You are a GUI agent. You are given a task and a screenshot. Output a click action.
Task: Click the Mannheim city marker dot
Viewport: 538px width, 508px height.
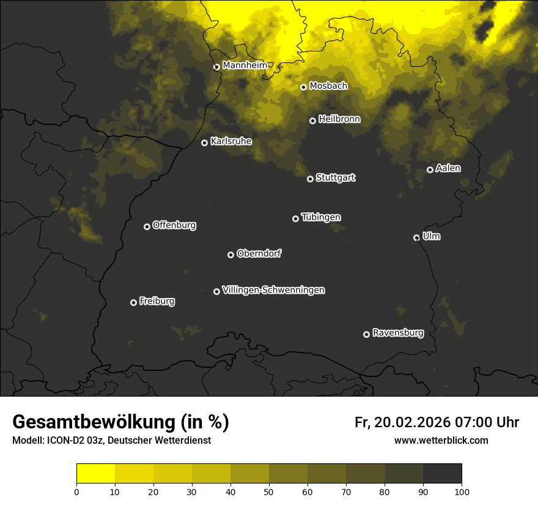click(x=216, y=67)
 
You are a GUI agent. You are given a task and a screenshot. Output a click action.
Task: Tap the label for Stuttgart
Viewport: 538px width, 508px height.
click(x=335, y=177)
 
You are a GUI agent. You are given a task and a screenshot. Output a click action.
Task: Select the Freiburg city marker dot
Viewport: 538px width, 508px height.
click(x=133, y=302)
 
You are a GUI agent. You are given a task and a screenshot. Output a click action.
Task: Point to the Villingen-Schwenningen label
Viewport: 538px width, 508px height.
click(x=273, y=290)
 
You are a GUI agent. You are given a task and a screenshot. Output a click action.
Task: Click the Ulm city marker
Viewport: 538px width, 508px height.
click(x=417, y=237)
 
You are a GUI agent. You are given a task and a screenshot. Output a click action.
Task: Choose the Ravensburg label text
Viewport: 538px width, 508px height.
click(x=397, y=333)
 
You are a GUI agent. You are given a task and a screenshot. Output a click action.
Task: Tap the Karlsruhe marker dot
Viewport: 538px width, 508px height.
click(x=205, y=143)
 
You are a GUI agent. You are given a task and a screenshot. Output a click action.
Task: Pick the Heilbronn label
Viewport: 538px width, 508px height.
click(x=339, y=119)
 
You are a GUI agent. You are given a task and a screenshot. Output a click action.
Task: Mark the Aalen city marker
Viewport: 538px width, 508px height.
click(x=430, y=170)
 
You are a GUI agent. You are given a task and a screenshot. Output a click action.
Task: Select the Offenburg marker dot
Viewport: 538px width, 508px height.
click(x=147, y=226)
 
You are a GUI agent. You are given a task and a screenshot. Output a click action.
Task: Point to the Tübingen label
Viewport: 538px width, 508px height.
click(x=320, y=217)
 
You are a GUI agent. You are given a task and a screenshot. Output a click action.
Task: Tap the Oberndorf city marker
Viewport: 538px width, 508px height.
click(x=230, y=255)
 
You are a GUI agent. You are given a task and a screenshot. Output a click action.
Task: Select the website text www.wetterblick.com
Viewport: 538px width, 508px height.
click(x=441, y=440)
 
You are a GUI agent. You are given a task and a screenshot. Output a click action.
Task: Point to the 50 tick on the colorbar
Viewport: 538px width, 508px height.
click(x=269, y=491)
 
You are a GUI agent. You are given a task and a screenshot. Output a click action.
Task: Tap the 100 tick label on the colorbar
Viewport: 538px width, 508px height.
click(x=462, y=491)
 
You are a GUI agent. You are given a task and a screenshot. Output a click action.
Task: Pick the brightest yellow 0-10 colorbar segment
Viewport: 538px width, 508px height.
click(x=95, y=474)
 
